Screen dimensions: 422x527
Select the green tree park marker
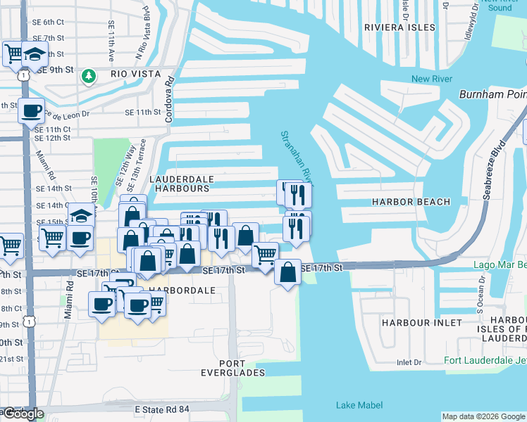click(88, 75)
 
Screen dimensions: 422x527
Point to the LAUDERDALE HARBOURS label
click(179, 184)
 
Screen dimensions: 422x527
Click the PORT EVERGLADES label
click(232, 368)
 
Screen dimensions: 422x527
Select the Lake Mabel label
click(359, 405)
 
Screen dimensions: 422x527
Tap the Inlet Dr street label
click(409, 363)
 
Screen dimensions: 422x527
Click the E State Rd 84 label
click(163, 409)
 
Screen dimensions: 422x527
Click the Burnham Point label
click(492, 94)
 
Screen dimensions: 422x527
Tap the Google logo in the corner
click(23, 414)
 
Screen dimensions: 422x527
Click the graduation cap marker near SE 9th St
click(34, 53)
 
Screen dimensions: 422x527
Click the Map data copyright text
click(483, 416)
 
